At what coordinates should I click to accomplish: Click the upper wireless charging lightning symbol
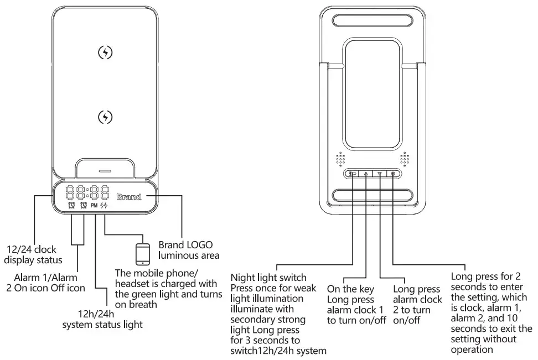click(x=105, y=53)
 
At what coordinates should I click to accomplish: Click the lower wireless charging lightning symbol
click(x=105, y=117)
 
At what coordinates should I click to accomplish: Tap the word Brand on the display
click(x=129, y=196)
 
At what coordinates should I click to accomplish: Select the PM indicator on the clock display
click(x=94, y=205)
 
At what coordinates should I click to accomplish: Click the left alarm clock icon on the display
click(x=71, y=205)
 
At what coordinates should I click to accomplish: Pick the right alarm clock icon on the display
click(x=84, y=205)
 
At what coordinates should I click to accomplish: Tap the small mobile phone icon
click(x=143, y=254)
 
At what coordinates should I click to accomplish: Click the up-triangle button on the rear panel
click(x=366, y=174)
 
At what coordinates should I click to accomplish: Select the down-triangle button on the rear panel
click(x=380, y=174)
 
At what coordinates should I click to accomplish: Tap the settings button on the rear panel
click(x=393, y=174)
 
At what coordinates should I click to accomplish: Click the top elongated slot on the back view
click(x=373, y=21)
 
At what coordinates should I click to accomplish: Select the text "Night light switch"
click(x=268, y=278)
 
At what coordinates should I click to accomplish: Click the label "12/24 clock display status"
click(x=34, y=255)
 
